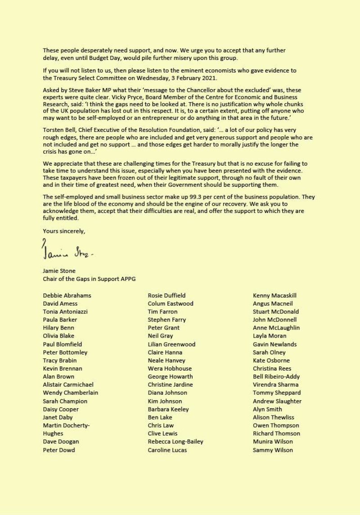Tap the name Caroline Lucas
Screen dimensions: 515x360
tap(167, 450)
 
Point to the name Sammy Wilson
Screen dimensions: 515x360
tap(273, 450)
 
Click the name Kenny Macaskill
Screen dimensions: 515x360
tap(274, 295)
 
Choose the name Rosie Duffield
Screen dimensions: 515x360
tap(166, 295)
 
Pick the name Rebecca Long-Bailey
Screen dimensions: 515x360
tap(175, 442)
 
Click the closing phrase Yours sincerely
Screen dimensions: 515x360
tap(63, 231)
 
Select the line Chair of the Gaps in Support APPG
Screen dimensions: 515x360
tap(89, 279)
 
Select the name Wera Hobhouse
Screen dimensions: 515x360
tap(169, 368)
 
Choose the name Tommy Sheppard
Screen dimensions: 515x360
tap(277, 393)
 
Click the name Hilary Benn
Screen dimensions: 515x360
tap(58, 328)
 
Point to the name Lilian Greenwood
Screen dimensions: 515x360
tap(171, 344)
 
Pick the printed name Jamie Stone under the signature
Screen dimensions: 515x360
tap(59, 271)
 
